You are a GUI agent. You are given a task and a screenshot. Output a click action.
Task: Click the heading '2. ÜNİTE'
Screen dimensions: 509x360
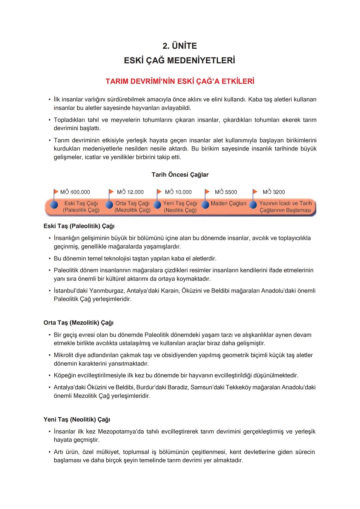pos(180,46)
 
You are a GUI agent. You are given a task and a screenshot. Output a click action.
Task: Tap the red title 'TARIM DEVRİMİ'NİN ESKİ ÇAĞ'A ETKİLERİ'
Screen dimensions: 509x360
pos(180,81)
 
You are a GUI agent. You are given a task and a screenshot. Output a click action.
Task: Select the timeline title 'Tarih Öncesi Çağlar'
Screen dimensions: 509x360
pos(180,174)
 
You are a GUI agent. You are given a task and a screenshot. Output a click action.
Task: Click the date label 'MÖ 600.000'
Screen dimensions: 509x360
pos(75,192)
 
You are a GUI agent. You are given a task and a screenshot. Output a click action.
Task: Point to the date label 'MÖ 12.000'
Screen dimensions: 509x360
pos(130,192)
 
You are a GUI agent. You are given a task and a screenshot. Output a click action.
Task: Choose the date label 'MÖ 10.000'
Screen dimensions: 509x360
pos(178,192)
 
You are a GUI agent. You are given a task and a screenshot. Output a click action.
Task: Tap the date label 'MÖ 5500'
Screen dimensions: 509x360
pos(226,192)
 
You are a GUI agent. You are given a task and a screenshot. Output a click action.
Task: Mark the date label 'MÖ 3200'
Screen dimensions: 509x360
pos(274,192)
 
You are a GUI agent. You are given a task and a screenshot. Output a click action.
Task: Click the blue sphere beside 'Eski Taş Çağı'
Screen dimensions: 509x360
pos(54,204)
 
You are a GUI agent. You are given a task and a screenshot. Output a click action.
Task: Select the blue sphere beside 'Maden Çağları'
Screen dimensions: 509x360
pos(205,204)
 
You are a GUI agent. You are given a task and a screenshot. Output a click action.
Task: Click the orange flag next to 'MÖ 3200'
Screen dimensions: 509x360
pos(255,191)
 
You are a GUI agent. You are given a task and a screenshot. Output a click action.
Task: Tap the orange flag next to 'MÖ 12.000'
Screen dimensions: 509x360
pos(111,191)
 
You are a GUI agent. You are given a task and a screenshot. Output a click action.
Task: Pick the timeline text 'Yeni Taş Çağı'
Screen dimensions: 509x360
pos(180,203)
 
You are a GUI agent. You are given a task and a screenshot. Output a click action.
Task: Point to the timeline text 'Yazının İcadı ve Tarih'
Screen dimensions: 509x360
pos(285,203)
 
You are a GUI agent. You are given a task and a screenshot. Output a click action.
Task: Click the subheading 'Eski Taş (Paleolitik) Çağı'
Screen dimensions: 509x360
pos(79,226)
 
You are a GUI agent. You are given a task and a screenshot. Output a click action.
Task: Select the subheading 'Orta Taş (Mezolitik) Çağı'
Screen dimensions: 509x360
pos(78,323)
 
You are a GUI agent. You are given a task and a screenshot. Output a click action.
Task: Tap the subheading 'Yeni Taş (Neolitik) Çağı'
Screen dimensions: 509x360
pos(77,420)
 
